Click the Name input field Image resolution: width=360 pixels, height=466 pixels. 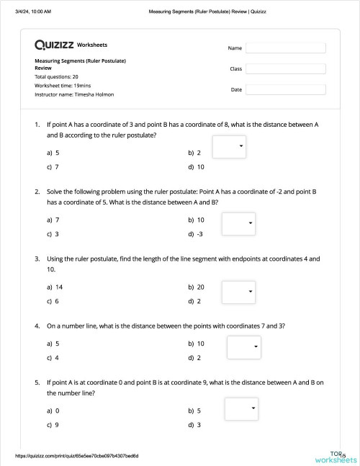click(x=285, y=48)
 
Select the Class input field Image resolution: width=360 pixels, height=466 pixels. click(x=285, y=69)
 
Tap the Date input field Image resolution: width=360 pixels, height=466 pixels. click(x=285, y=90)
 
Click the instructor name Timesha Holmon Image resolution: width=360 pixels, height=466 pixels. click(x=74, y=94)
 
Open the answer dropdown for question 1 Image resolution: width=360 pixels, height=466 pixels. click(x=230, y=147)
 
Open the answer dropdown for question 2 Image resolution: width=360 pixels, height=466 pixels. click(x=238, y=223)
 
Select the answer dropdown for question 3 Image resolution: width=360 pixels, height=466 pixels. click(x=238, y=292)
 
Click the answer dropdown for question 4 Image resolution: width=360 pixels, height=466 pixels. click(x=244, y=347)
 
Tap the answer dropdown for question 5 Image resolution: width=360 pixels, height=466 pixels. click(x=241, y=409)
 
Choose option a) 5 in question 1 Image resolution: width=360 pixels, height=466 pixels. click(x=53, y=153)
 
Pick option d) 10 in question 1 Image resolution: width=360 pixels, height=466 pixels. click(x=196, y=167)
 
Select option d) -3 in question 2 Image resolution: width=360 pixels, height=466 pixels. click(x=196, y=234)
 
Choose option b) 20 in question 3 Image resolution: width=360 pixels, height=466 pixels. click(x=196, y=287)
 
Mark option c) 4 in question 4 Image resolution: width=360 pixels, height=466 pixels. click(x=53, y=357)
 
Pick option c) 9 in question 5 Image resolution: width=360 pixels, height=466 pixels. click(x=53, y=425)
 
